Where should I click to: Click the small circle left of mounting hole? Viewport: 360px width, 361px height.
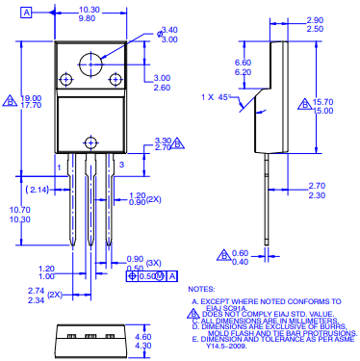coord(66,79)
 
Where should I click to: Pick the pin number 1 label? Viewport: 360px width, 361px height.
coord(59,166)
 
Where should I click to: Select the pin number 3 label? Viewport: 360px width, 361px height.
coord(121,166)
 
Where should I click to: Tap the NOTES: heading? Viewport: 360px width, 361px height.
coord(201,289)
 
